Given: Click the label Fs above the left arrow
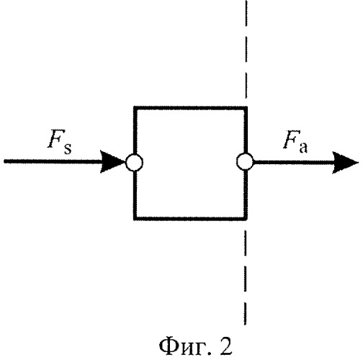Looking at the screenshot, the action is pyautogui.click(x=60, y=142).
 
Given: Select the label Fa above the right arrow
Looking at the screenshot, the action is pyautogui.click(x=295, y=142).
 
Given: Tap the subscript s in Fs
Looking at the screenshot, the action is pyautogui.click(x=68, y=148).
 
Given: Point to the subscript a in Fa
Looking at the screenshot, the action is pyautogui.click(x=303, y=147).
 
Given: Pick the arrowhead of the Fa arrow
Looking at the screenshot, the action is pyautogui.click(x=345, y=163).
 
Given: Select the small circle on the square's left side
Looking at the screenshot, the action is pyautogui.click(x=135, y=162).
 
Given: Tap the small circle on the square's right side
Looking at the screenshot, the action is pyautogui.click(x=245, y=162).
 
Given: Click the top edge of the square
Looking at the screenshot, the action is pyautogui.click(x=190, y=108).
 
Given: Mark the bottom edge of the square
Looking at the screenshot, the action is pyautogui.click(x=190, y=218).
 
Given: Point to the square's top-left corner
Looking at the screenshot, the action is pyautogui.click(x=134, y=107).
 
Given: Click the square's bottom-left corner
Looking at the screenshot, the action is pyautogui.click(x=134, y=220).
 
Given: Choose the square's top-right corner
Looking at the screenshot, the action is pyautogui.click(x=247, y=107).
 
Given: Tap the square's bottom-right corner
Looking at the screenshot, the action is pyautogui.click(x=247, y=220).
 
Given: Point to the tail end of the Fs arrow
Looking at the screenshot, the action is pyautogui.click(x=4, y=161).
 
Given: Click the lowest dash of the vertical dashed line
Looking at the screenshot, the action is pyautogui.click(x=245, y=312).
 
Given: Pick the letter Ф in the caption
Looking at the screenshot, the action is pyautogui.click(x=168, y=346).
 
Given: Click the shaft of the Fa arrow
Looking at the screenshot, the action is pyautogui.click(x=293, y=163).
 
